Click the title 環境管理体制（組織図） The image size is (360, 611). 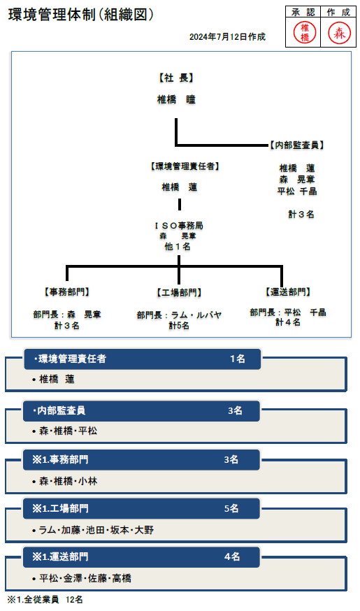pyautogui.click(x=81, y=15)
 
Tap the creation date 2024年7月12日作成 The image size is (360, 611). pyautogui.click(x=227, y=37)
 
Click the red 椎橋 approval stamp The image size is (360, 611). pyautogui.click(x=305, y=32)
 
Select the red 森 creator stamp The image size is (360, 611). pyautogui.click(x=339, y=32)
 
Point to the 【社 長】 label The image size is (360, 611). pyautogui.click(x=176, y=78)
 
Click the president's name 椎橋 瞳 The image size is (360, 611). pyautogui.click(x=176, y=100)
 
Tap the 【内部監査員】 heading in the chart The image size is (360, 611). pyautogui.click(x=296, y=145)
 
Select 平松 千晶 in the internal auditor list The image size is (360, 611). pyautogui.click(x=297, y=192)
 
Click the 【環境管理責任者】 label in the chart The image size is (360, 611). pyautogui.click(x=185, y=166)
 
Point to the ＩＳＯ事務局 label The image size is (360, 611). pyautogui.click(x=179, y=226)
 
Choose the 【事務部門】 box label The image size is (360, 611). pyautogui.click(x=67, y=292)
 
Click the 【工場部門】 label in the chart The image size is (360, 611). pyautogui.click(x=179, y=293)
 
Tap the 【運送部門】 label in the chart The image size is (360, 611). pyautogui.click(x=288, y=292)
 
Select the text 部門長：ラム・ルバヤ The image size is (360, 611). pyautogui.click(x=179, y=315)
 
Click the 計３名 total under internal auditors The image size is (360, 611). pyautogui.click(x=301, y=215)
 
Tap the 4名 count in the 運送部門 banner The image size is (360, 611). pyautogui.click(x=232, y=557)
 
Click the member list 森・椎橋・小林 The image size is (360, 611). pyautogui.click(x=69, y=482)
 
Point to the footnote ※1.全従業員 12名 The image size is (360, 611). pyautogui.click(x=45, y=600)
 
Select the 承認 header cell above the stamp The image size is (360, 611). pyautogui.click(x=303, y=13)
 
